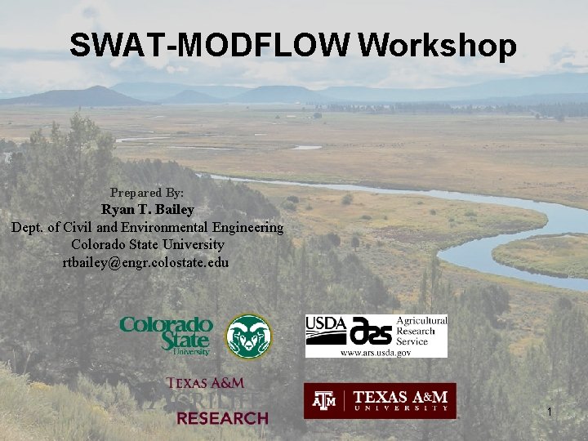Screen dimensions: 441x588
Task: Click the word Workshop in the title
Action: [437, 46]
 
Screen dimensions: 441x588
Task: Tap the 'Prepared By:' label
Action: [147, 194]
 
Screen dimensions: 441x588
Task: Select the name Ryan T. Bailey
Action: [148, 210]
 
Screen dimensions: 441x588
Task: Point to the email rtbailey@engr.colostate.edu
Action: [147, 262]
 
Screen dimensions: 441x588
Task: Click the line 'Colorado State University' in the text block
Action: [147, 244]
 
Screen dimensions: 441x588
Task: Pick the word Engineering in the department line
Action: [245, 227]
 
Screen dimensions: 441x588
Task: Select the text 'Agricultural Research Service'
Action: [421, 331]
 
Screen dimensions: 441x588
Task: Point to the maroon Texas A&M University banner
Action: [380, 400]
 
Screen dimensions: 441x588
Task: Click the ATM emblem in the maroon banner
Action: [326, 400]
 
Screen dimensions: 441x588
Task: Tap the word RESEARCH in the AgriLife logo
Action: [222, 418]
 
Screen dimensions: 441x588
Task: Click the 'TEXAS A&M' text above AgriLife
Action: [206, 382]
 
